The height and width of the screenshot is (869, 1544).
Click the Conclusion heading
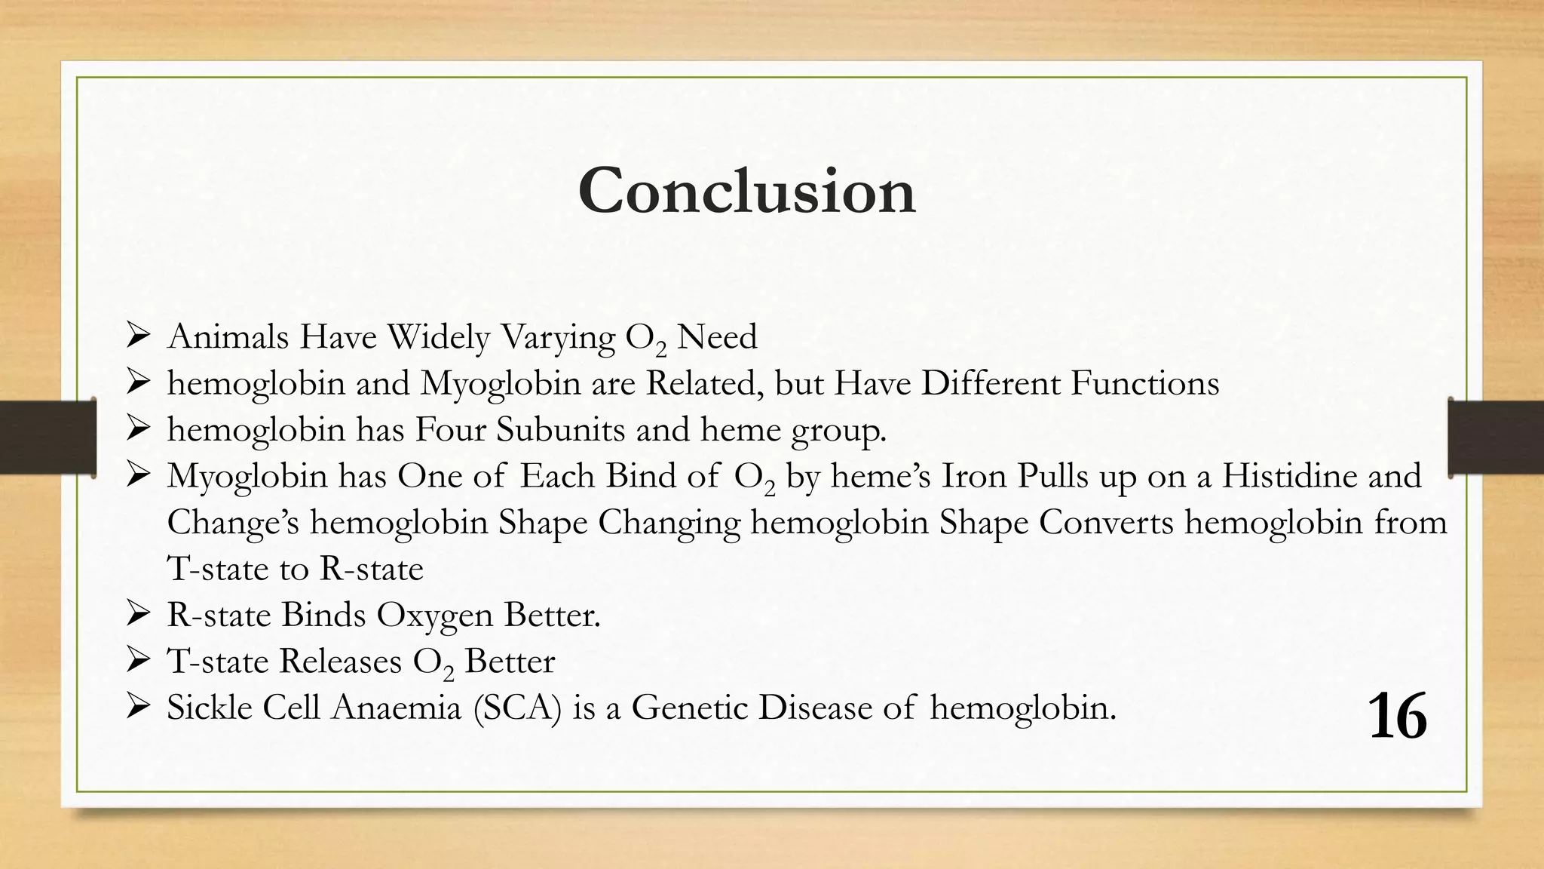coord(746,191)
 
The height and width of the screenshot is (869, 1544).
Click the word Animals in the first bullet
coord(228,336)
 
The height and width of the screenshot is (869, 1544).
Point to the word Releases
coord(341,662)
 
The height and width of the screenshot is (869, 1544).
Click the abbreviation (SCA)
coord(517,708)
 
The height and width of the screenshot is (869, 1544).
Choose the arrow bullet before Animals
coord(139,336)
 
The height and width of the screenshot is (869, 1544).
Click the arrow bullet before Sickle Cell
coord(139,708)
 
